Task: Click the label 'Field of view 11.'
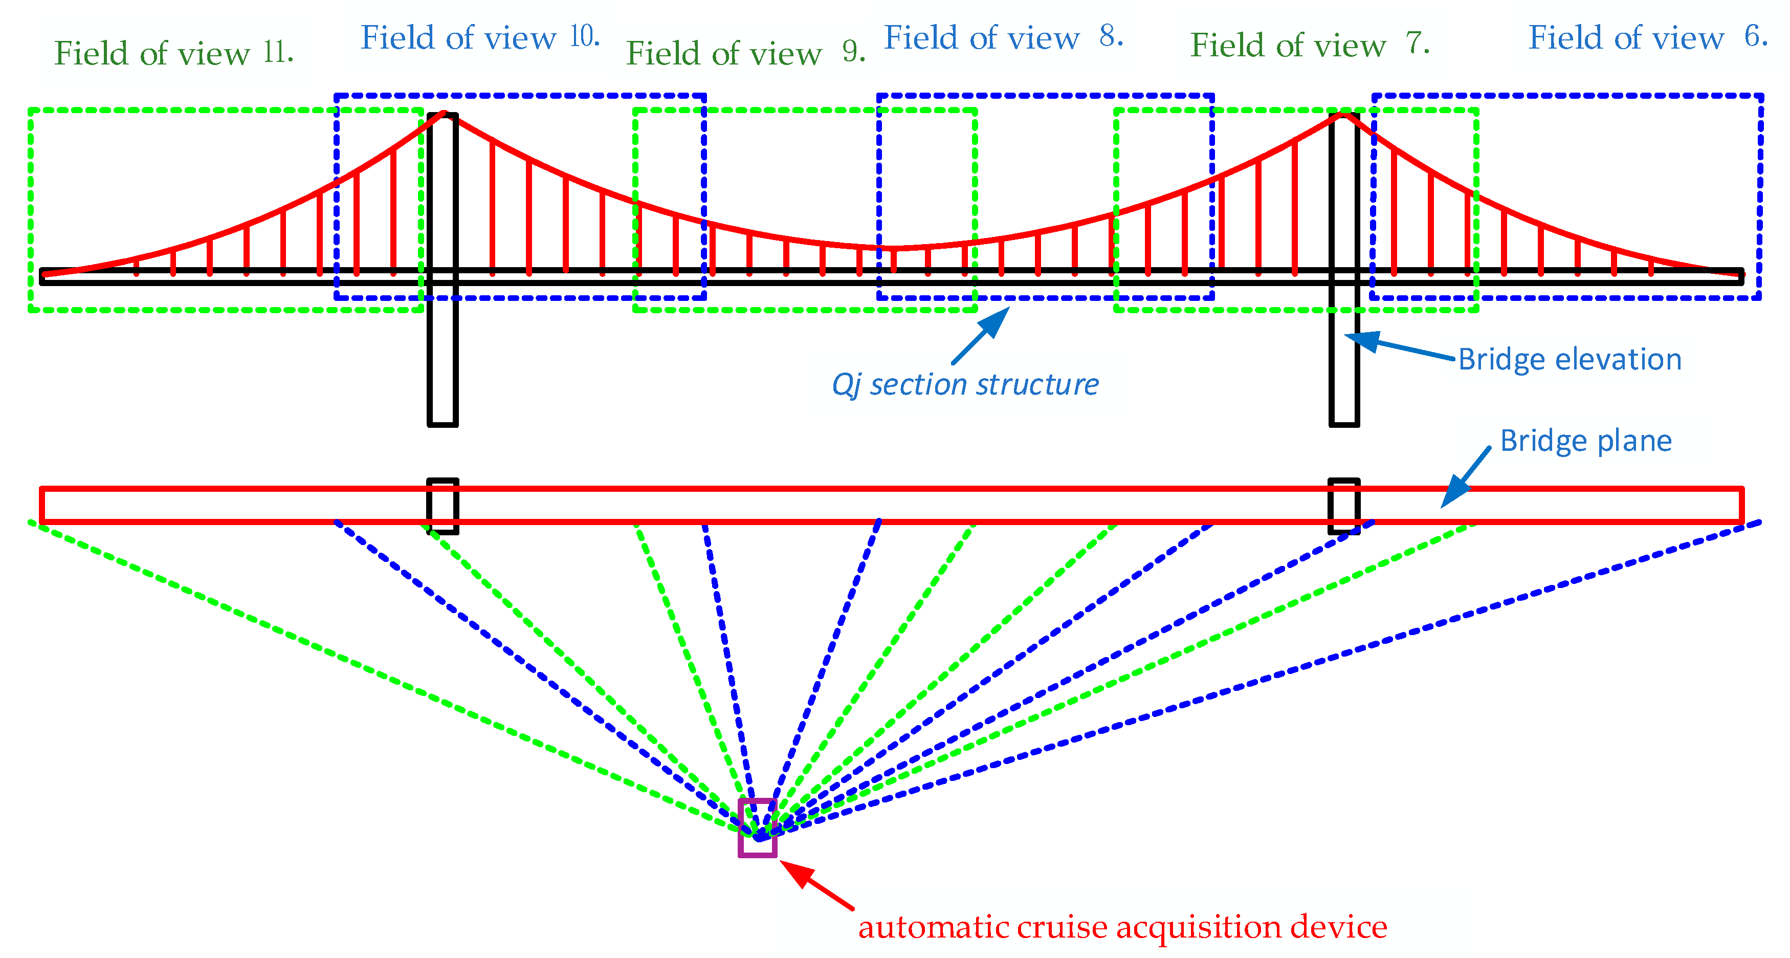click(x=174, y=54)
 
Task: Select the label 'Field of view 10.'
click(x=479, y=37)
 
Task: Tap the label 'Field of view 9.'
click(x=745, y=54)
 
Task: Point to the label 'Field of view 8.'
click(x=1003, y=37)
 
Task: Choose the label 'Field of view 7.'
click(x=1309, y=46)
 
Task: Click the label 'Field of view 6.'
click(x=1647, y=37)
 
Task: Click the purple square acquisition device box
click(x=757, y=828)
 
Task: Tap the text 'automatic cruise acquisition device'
click(x=1122, y=927)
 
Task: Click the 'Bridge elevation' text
click(x=1569, y=359)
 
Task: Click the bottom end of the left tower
click(x=442, y=423)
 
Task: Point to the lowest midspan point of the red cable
click(x=894, y=248)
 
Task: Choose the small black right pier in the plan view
click(x=1343, y=506)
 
